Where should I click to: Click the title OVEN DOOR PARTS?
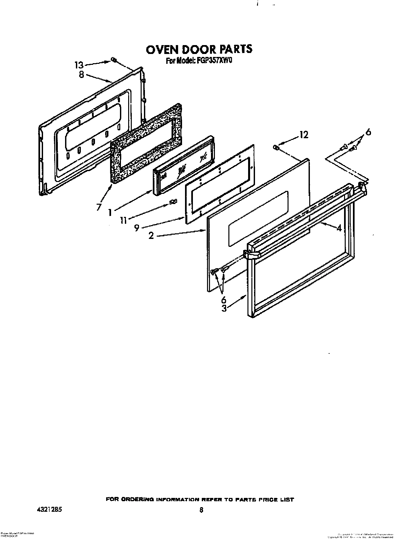[x=199, y=49]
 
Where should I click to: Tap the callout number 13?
[x=79, y=65]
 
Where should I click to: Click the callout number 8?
[x=81, y=74]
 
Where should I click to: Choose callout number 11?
[x=123, y=220]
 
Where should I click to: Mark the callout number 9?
[x=136, y=228]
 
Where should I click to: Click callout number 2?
[x=151, y=236]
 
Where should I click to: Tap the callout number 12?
[x=304, y=135]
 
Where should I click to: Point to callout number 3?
[x=224, y=308]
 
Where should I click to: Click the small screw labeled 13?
[x=112, y=60]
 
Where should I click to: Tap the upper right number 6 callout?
[x=368, y=132]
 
